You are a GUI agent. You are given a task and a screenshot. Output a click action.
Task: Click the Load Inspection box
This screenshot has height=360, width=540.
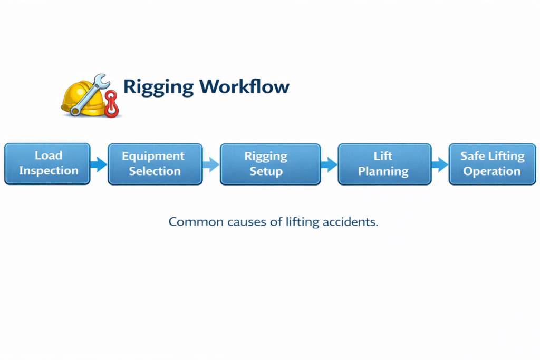(47, 164)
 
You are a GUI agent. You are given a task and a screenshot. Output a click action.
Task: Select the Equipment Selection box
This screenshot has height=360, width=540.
(155, 164)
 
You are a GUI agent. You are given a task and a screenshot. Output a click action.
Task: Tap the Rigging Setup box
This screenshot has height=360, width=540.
(270, 164)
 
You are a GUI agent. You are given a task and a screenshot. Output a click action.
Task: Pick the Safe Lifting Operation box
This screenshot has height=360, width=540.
(492, 164)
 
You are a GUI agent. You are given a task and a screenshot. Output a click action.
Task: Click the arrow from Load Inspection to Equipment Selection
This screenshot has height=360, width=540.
(99, 164)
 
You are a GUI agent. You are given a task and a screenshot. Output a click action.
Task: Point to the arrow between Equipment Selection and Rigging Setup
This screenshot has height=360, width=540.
(211, 164)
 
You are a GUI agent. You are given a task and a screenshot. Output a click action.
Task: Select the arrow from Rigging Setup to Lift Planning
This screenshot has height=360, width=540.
(329, 164)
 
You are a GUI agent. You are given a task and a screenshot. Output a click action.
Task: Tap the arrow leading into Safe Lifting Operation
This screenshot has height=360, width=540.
(439, 164)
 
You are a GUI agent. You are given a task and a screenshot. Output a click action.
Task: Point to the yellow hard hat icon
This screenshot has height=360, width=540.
(79, 98)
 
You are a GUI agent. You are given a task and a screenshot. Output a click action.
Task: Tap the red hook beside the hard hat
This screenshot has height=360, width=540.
(111, 104)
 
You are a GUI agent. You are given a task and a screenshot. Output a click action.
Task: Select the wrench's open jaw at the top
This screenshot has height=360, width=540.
(102, 81)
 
